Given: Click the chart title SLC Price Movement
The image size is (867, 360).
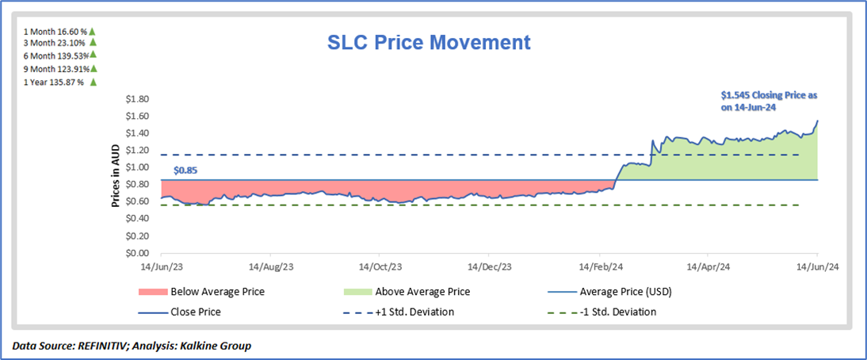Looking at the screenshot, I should pyautogui.click(x=430, y=41).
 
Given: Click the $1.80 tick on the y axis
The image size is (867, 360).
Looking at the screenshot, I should pyautogui.click(x=138, y=99).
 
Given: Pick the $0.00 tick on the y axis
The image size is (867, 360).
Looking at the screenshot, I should pyautogui.click(x=138, y=254).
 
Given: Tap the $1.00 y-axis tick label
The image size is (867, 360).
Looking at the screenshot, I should pyautogui.click(x=138, y=168).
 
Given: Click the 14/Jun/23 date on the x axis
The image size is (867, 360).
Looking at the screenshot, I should pyautogui.click(x=161, y=267).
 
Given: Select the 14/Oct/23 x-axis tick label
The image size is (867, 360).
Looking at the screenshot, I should pyautogui.click(x=380, y=267).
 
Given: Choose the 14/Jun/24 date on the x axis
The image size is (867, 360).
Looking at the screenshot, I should pyautogui.click(x=817, y=267).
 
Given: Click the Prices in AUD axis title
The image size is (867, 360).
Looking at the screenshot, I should pyautogui.click(x=116, y=176).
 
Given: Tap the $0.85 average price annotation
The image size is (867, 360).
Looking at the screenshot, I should pyautogui.click(x=185, y=169).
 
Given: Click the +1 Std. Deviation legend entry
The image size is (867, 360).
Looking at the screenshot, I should pyautogui.click(x=414, y=312).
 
